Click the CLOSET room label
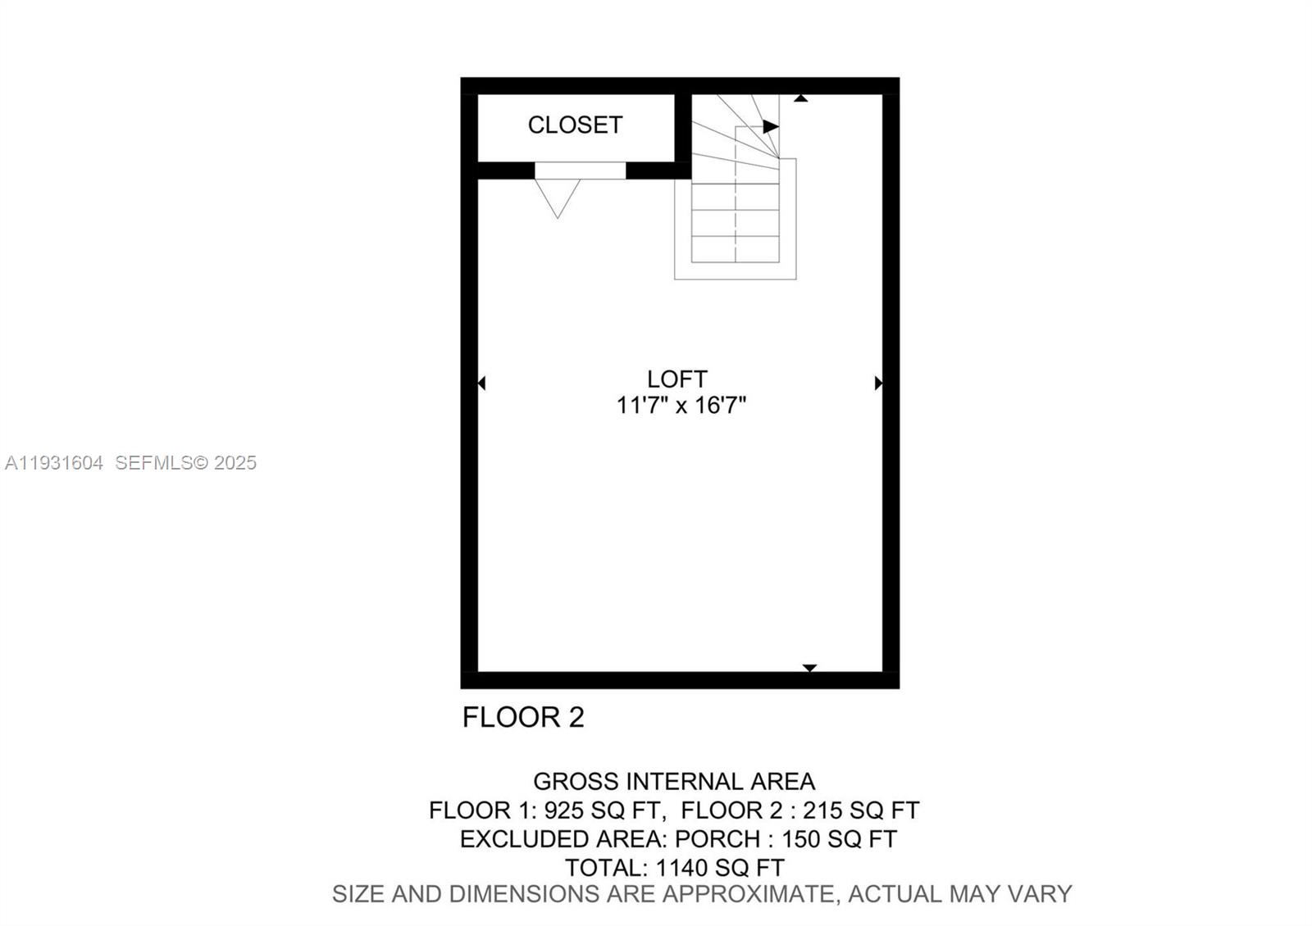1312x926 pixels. pyautogui.click(x=575, y=125)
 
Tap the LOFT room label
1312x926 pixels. pyautogui.click(x=676, y=379)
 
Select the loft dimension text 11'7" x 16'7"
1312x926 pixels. pyautogui.click(x=681, y=405)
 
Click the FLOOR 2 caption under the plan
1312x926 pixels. pyautogui.click(x=523, y=717)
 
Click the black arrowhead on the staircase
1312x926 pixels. pyautogui.click(x=771, y=126)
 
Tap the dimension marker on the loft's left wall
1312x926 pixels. pyautogui.click(x=481, y=383)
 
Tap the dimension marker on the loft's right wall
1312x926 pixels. pyautogui.click(x=879, y=383)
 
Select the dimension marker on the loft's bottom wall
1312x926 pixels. pyautogui.click(x=809, y=668)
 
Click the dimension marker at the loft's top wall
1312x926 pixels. pyautogui.click(x=801, y=98)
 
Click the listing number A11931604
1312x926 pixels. pyautogui.click(x=54, y=463)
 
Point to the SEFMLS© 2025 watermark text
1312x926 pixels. pyautogui.click(x=186, y=463)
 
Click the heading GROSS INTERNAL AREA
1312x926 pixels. pyautogui.click(x=674, y=781)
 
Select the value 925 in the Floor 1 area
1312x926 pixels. pyautogui.click(x=563, y=810)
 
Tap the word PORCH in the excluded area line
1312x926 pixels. pyautogui.click(x=717, y=839)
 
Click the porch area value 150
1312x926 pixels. pyautogui.click(x=801, y=839)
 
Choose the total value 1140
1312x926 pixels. pyautogui.click(x=680, y=867)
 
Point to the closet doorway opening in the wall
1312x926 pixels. pyautogui.click(x=580, y=170)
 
